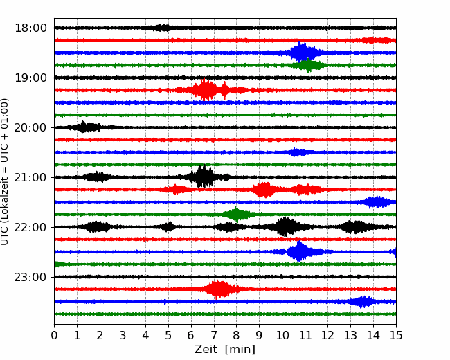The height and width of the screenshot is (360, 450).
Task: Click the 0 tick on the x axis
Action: pos(54,336)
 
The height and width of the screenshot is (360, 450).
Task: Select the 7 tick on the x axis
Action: pos(214,336)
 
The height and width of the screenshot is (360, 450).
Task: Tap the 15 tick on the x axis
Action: pos(396,336)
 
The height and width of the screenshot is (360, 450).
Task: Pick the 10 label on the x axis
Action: pos(282,336)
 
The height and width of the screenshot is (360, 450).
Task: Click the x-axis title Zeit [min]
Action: pos(225,350)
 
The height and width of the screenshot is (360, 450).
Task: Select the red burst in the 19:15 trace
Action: pos(206,90)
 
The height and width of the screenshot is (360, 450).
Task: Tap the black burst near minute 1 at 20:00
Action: pos(84,127)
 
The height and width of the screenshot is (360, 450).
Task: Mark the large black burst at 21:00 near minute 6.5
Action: pos(202,177)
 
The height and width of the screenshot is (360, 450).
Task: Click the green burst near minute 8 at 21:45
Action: pos(237,214)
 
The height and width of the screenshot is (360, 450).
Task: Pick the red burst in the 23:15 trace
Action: pos(218,289)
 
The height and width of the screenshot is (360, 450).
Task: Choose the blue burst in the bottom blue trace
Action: pos(363,301)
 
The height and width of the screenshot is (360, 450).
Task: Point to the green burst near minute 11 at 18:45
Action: pos(309,65)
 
